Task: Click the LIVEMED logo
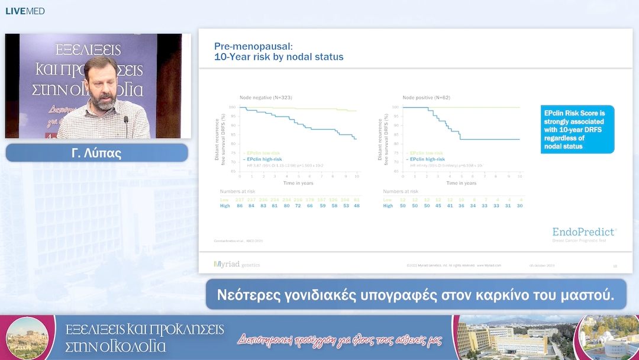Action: click(x=25, y=11)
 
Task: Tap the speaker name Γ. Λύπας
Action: click(x=96, y=153)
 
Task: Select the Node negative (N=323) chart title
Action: click(x=266, y=97)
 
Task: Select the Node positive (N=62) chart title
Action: click(x=426, y=97)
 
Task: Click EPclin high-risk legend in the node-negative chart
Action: click(x=264, y=159)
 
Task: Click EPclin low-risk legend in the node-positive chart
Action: click(x=426, y=153)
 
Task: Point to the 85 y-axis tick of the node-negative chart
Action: click(x=233, y=134)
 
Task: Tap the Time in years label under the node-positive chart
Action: click(x=461, y=183)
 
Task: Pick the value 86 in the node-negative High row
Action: click(x=240, y=205)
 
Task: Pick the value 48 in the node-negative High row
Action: click(x=356, y=205)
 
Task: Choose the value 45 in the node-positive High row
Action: click(x=437, y=205)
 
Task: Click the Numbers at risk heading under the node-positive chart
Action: click(x=401, y=191)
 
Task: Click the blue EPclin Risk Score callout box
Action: click(x=577, y=130)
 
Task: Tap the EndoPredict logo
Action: click(x=583, y=232)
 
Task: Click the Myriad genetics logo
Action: click(x=237, y=265)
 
